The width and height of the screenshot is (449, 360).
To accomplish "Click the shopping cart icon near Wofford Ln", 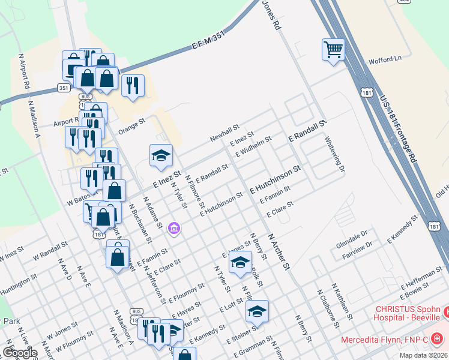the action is [x=333, y=50].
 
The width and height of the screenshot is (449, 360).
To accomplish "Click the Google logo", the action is [x=20, y=353].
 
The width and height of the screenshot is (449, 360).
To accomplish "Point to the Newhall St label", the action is [x=224, y=133].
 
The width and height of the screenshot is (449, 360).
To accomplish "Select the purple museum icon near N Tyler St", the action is [x=174, y=228].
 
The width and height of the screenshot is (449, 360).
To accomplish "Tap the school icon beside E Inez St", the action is [x=161, y=156].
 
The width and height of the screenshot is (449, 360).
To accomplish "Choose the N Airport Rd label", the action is [x=24, y=71].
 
